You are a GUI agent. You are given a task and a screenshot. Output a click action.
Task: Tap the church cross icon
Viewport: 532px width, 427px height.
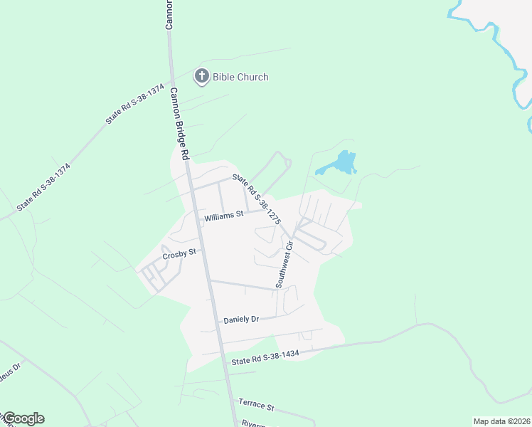coord(202,76)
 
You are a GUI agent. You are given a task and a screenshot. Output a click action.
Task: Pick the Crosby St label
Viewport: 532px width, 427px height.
coord(179,255)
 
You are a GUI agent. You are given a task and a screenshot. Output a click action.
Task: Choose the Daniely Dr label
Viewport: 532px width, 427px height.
coord(240,320)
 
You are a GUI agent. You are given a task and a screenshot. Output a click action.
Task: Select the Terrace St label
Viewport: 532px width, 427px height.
coord(256,405)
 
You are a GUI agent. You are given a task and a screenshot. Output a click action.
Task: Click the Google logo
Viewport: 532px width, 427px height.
coord(23,418)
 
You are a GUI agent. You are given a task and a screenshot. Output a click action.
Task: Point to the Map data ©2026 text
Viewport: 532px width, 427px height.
coord(501,421)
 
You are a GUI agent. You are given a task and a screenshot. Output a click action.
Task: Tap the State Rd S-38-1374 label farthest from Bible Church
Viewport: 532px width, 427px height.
coord(44,186)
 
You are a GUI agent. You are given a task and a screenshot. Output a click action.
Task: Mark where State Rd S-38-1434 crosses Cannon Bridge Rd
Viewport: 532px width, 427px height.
coord(225,362)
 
